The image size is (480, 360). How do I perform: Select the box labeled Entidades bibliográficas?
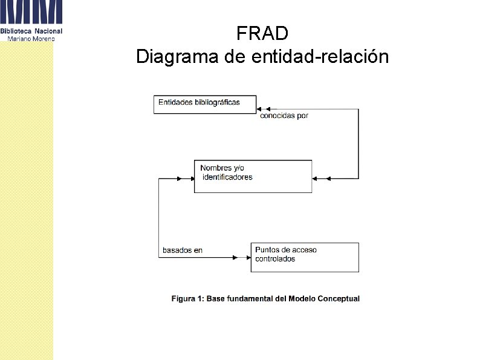tap(205, 104)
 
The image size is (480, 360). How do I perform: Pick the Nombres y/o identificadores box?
tap(253, 176)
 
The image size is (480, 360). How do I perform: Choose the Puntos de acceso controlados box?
tap(304, 257)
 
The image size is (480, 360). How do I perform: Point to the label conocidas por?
tap(284, 116)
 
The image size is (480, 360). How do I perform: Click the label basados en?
tap(182, 250)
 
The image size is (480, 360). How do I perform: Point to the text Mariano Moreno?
tap(31, 39)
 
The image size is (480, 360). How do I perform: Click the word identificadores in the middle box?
tap(227, 177)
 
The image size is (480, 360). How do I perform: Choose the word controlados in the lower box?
tap(275, 259)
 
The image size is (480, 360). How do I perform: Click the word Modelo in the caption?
tap(302, 298)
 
